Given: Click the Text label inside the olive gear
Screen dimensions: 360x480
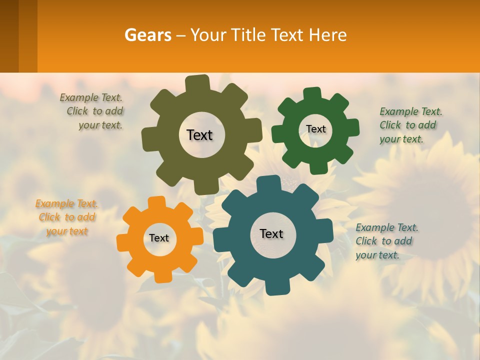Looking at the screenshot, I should [x=199, y=135].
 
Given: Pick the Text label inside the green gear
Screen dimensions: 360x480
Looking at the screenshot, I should [x=315, y=129].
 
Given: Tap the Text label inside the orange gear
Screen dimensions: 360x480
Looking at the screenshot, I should [x=159, y=238].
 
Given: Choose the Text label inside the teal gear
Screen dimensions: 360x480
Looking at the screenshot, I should [x=271, y=233].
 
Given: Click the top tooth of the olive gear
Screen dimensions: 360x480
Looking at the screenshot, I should [x=197, y=83].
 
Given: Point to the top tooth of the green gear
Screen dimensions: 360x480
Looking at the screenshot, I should [x=312, y=94].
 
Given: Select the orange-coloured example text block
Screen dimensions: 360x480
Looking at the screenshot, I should [x=67, y=217].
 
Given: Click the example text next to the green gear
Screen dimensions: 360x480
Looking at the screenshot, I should [x=410, y=125].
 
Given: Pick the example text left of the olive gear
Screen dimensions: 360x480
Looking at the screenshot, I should [x=94, y=111].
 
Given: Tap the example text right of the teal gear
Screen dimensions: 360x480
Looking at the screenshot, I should [x=386, y=241].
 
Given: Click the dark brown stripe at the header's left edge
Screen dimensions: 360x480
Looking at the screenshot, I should [x=9, y=36].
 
